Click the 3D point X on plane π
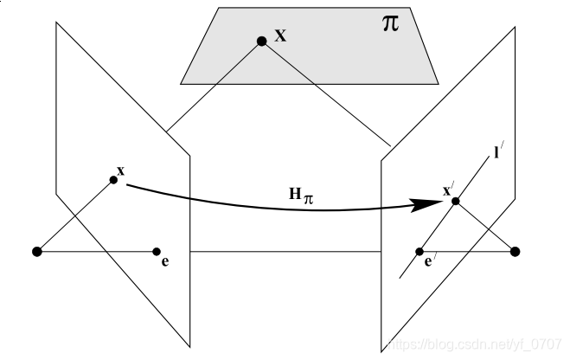[x=260, y=41]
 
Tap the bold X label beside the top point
[x=280, y=35]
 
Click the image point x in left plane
[x=113, y=180]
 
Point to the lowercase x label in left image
[x=121, y=170]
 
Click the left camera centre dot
[x=36, y=252]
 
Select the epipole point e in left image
[x=157, y=252]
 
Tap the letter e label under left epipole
[x=164, y=260]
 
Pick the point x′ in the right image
[x=455, y=202]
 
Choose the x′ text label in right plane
[x=447, y=190]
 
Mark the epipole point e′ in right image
[x=419, y=252]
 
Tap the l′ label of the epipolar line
[x=499, y=153]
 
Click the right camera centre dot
[x=516, y=252]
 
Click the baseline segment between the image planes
[x=285, y=252]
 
